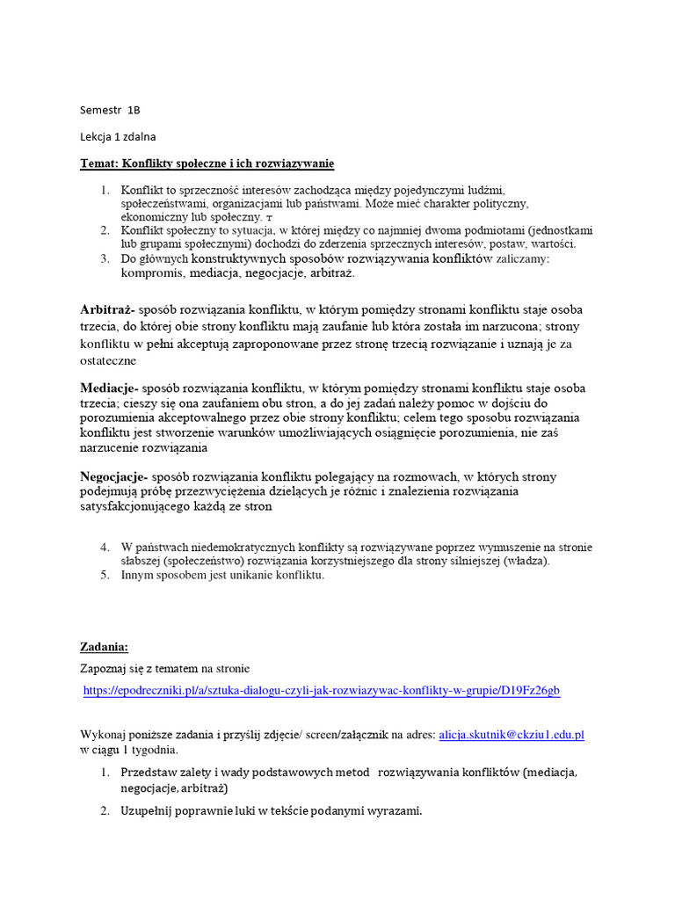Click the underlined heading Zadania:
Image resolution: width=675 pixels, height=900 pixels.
(x=105, y=647)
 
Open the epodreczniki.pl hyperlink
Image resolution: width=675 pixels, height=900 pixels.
(x=321, y=692)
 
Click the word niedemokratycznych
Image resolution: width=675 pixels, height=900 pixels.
(x=221, y=548)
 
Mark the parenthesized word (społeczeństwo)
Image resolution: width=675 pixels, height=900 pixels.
(x=210, y=562)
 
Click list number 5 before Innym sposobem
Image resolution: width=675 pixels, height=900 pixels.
(x=104, y=576)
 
